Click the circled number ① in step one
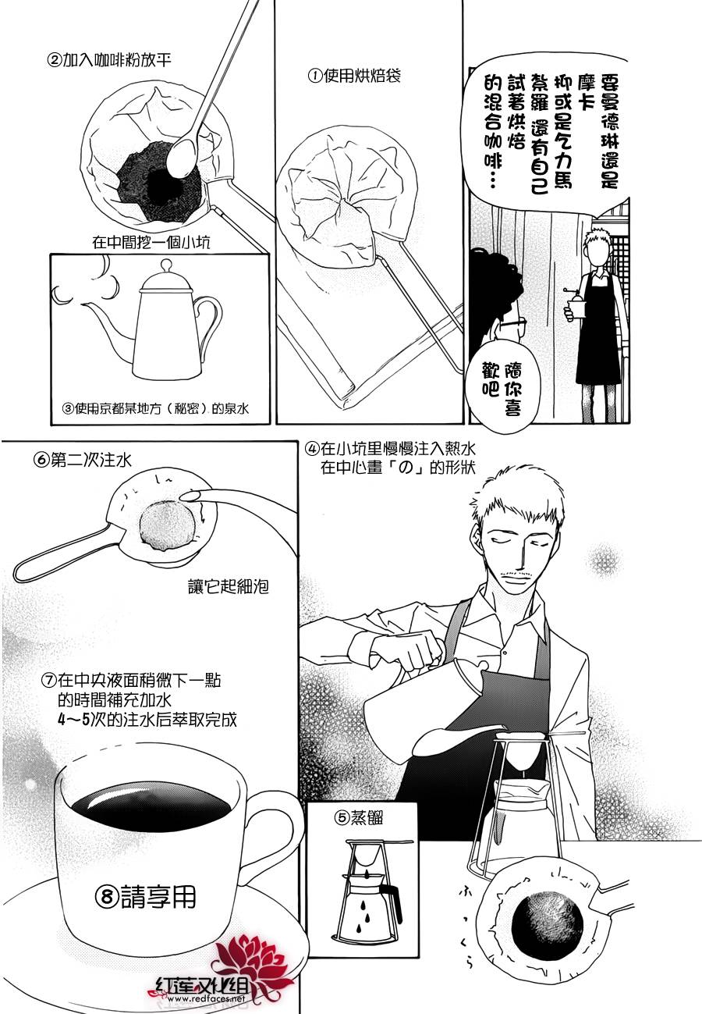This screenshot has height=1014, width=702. click(x=315, y=76)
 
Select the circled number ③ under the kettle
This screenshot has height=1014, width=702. click(x=67, y=409)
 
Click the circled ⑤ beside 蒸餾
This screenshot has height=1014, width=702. click(x=342, y=817)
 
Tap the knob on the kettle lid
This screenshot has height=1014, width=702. click(x=166, y=264)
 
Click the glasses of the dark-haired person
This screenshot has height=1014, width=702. click(x=512, y=325)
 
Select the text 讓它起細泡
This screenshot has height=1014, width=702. click(x=228, y=587)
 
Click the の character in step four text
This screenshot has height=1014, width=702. click(x=406, y=467)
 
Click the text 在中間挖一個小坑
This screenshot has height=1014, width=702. click(x=151, y=243)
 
